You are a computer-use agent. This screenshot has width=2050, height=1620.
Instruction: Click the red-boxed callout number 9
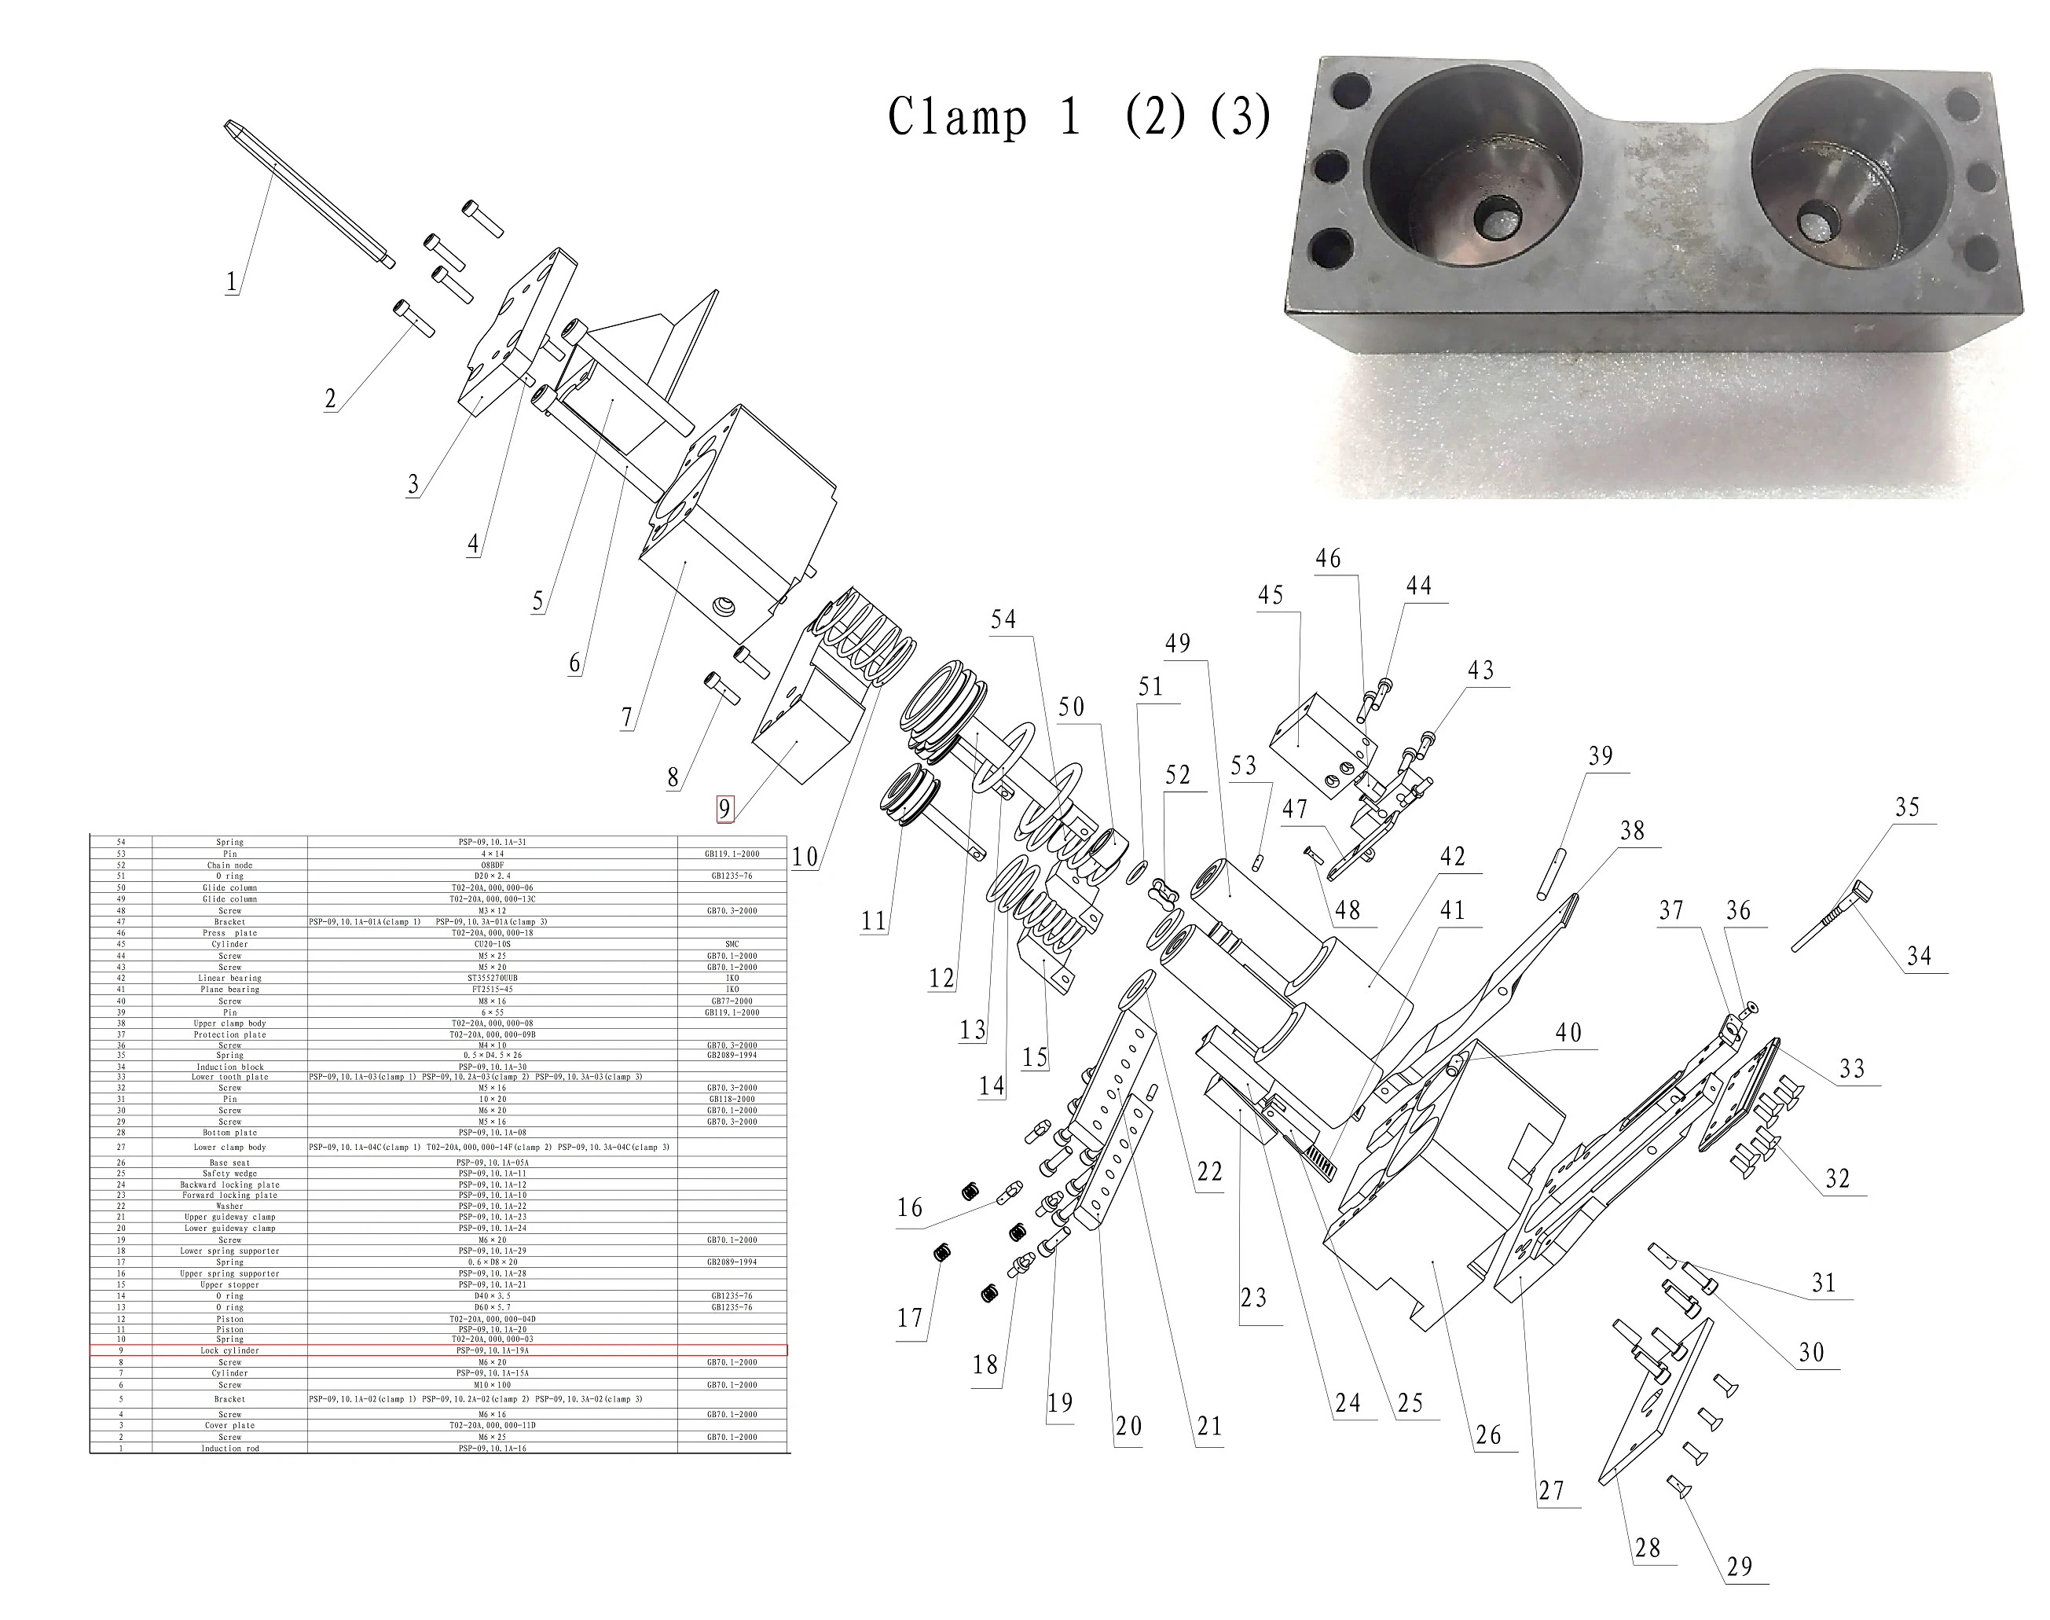pos(724,809)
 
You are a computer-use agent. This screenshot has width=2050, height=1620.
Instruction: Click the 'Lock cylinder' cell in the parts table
pos(229,1350)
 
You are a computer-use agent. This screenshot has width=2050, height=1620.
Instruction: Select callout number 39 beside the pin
pos(1601,756)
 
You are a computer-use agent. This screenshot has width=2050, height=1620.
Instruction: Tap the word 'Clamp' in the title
pos(958,119)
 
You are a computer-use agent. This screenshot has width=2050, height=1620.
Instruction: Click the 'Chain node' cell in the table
pos(229,865)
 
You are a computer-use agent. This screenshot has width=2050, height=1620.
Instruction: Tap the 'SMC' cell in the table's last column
pos(732,944)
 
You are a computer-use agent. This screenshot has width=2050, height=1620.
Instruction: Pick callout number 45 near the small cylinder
pos(1271,595)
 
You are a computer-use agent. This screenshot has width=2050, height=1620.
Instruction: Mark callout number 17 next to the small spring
pos(910,1317)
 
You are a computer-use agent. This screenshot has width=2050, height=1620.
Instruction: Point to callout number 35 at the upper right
pos(1908,807)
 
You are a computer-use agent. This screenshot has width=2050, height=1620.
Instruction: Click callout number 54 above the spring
pos(1003,619)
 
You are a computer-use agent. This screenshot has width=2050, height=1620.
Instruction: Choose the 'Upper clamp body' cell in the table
pos(229,1023)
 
